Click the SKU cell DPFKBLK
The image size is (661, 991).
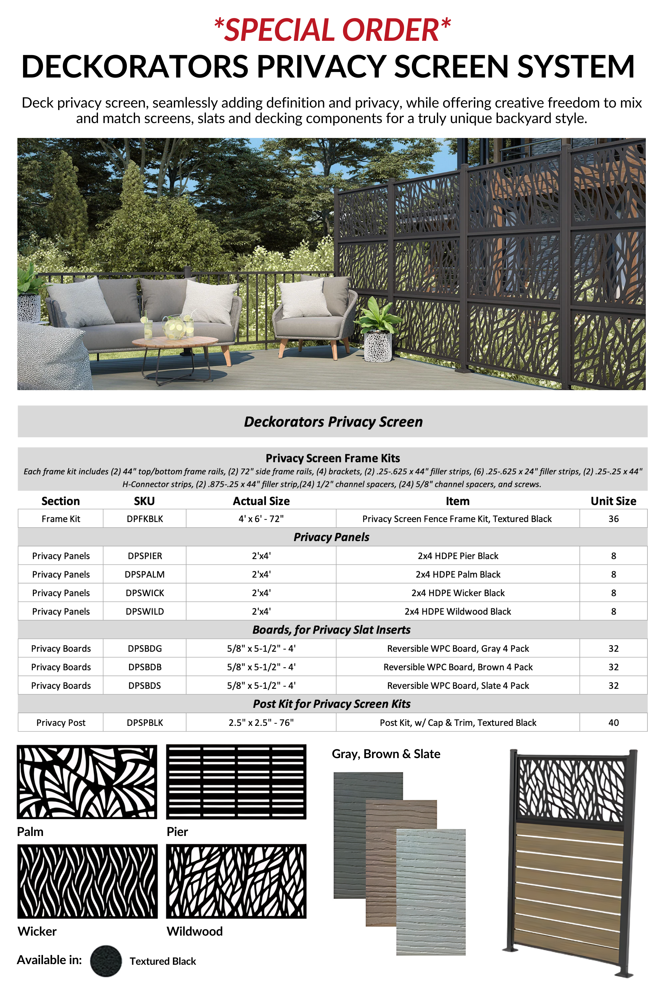click(144, 519)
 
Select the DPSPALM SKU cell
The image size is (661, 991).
click(144, 574)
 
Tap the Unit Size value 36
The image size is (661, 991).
click(613, 519)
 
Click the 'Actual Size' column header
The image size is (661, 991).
click(261, 501)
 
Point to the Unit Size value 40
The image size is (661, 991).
click(613, 722)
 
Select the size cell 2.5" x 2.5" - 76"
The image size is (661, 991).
click(261, 722)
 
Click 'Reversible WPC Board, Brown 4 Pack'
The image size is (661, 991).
click(458, 667)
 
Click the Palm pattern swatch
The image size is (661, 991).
click(87, 782)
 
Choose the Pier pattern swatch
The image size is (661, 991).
click(236, 782)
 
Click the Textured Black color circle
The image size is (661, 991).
click(106, 961)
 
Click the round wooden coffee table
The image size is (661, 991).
click(175, 341)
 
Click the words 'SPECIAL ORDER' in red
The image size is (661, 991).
click(332, 30)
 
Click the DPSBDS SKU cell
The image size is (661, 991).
click(144, 686)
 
